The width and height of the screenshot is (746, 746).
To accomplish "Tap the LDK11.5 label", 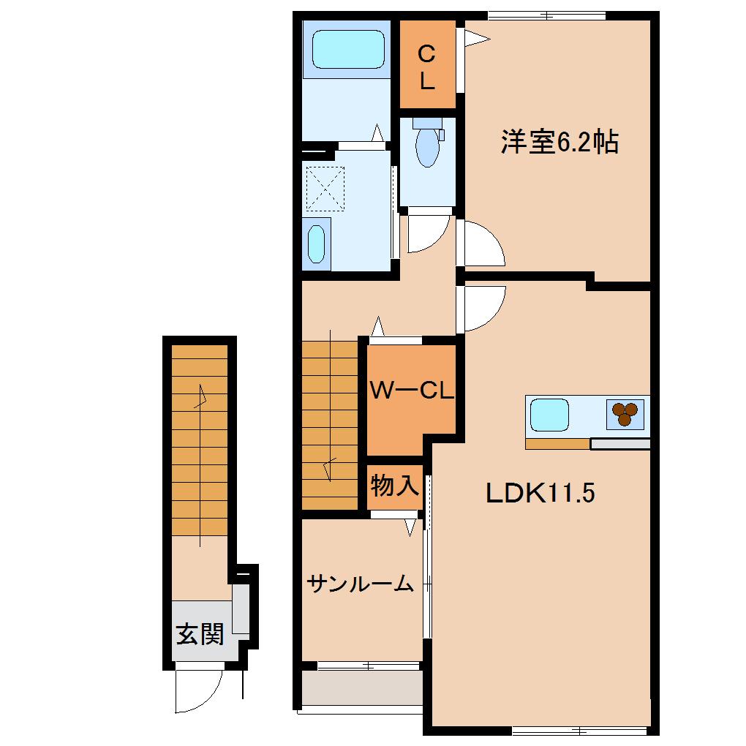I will (x=540, y=494).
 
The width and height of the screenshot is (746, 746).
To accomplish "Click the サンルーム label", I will (x=361, y=584).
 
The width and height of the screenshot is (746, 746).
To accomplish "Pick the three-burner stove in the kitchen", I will (x=625, y=415).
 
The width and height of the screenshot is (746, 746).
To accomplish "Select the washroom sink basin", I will (x=316, y=244).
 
